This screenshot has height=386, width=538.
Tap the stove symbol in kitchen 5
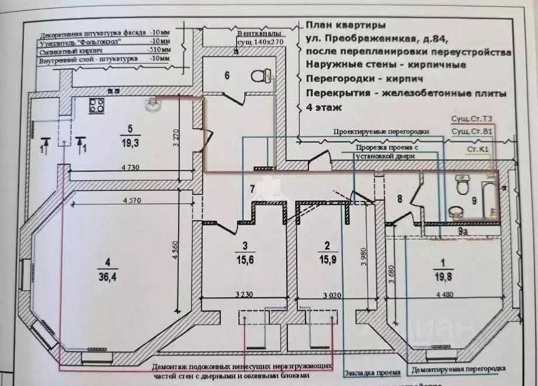pyautogui.click(x=96, y=106)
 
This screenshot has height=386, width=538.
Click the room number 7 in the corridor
pyautogui.click(x=252, y=189)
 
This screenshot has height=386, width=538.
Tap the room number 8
pyautogui.click(x=400, y=198)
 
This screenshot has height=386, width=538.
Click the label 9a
pyautogui.click(x=463, y=232)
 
